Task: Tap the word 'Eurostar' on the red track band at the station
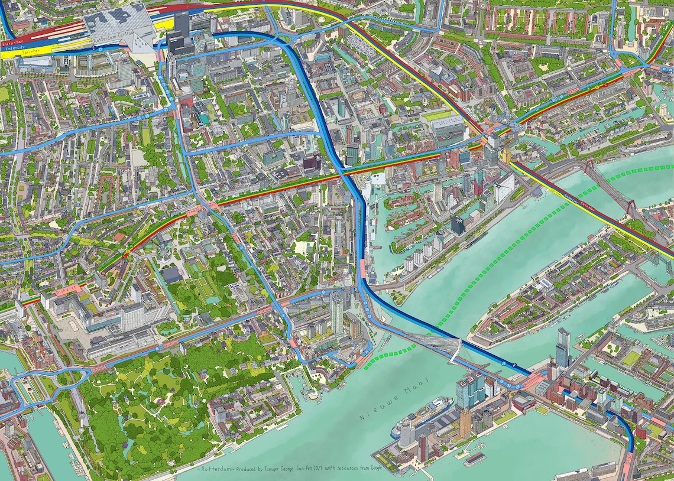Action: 12,43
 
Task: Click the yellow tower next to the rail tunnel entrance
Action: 506,155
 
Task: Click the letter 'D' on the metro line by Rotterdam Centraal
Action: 101,47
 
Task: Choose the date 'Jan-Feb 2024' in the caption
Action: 316,468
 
